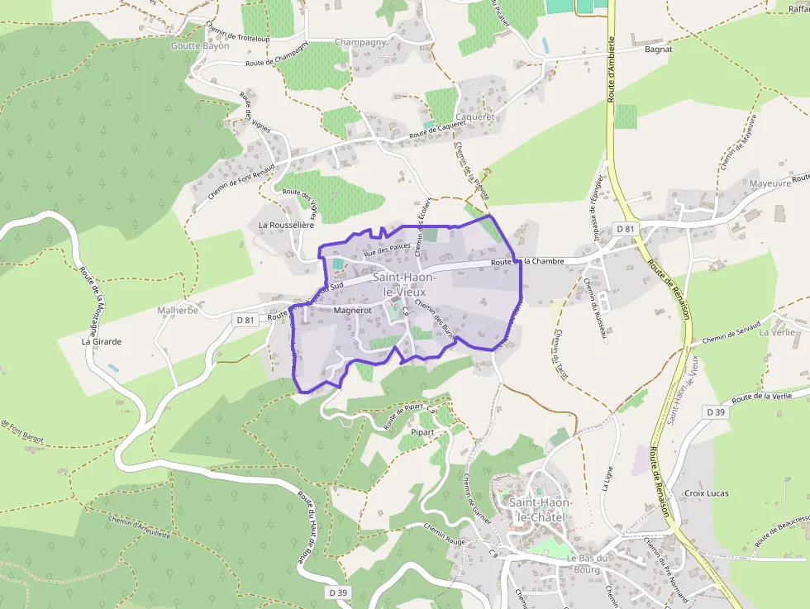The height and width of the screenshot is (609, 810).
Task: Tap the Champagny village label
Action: (x=360, y=42)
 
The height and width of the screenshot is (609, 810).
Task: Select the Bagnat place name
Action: (x=658, y=50)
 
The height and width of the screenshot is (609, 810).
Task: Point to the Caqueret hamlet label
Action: (x=474, y=117)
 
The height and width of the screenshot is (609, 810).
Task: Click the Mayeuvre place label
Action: (x=769, y=183)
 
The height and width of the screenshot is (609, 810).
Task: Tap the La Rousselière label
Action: (x=287, y=224)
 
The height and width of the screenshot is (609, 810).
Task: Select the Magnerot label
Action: (x=353, y=311)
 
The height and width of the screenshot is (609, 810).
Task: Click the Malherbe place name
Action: (x=178, y=311)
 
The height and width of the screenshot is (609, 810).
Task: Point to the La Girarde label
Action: (x=102, y=340)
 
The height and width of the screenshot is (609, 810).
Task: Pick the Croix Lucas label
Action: (x=707, y=493)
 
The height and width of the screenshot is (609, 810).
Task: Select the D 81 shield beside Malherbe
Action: (x=244, y=320)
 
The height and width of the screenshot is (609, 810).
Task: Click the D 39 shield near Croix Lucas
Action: (x=715, y=412)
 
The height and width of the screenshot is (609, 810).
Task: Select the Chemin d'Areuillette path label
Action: (x=139, y=526)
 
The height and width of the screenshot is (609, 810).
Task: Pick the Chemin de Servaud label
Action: (x=731, y=334)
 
